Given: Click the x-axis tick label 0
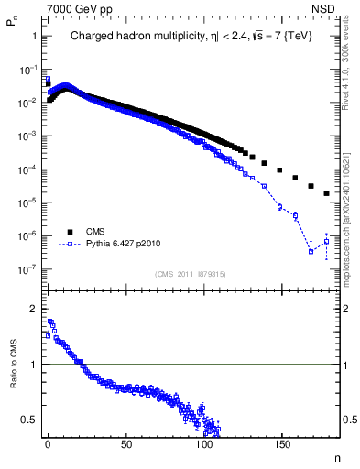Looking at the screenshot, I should tap(48, 444).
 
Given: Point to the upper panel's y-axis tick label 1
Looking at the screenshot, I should tap(35, 36).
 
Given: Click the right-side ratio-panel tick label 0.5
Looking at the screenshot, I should tap(349, 420).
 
